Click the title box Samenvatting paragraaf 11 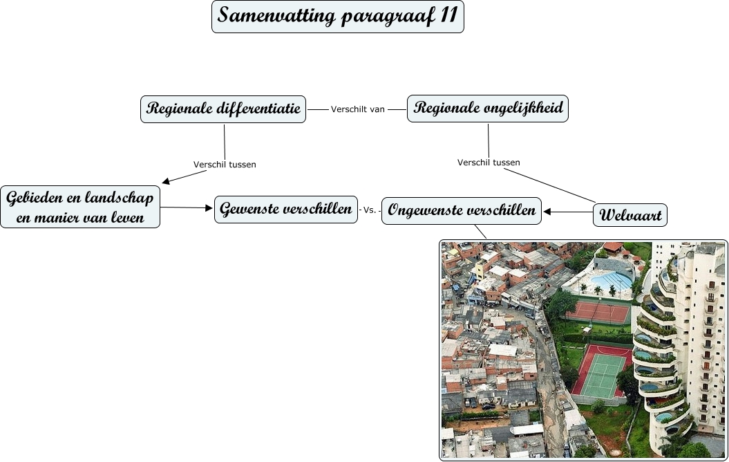tap(337, 17)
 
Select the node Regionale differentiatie tap(223, 109)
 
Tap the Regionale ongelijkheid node tap(487, 109)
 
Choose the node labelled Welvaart tap(630, 215)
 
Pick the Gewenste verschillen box tap(286, 209)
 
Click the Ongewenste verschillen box tap(462, 210)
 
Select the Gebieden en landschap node tap(80, 207)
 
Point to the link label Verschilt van tap(357, 109)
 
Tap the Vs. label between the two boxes tap(370, 210)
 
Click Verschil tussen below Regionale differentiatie tap(225, 165)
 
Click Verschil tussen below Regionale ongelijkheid tap(489, 163)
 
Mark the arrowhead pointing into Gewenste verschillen tap(209, 208)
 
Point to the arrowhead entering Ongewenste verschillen tap(547, 212)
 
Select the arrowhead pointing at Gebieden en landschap tap(165, 182)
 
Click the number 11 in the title tap(448, 16)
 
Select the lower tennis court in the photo tap(600, 371)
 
